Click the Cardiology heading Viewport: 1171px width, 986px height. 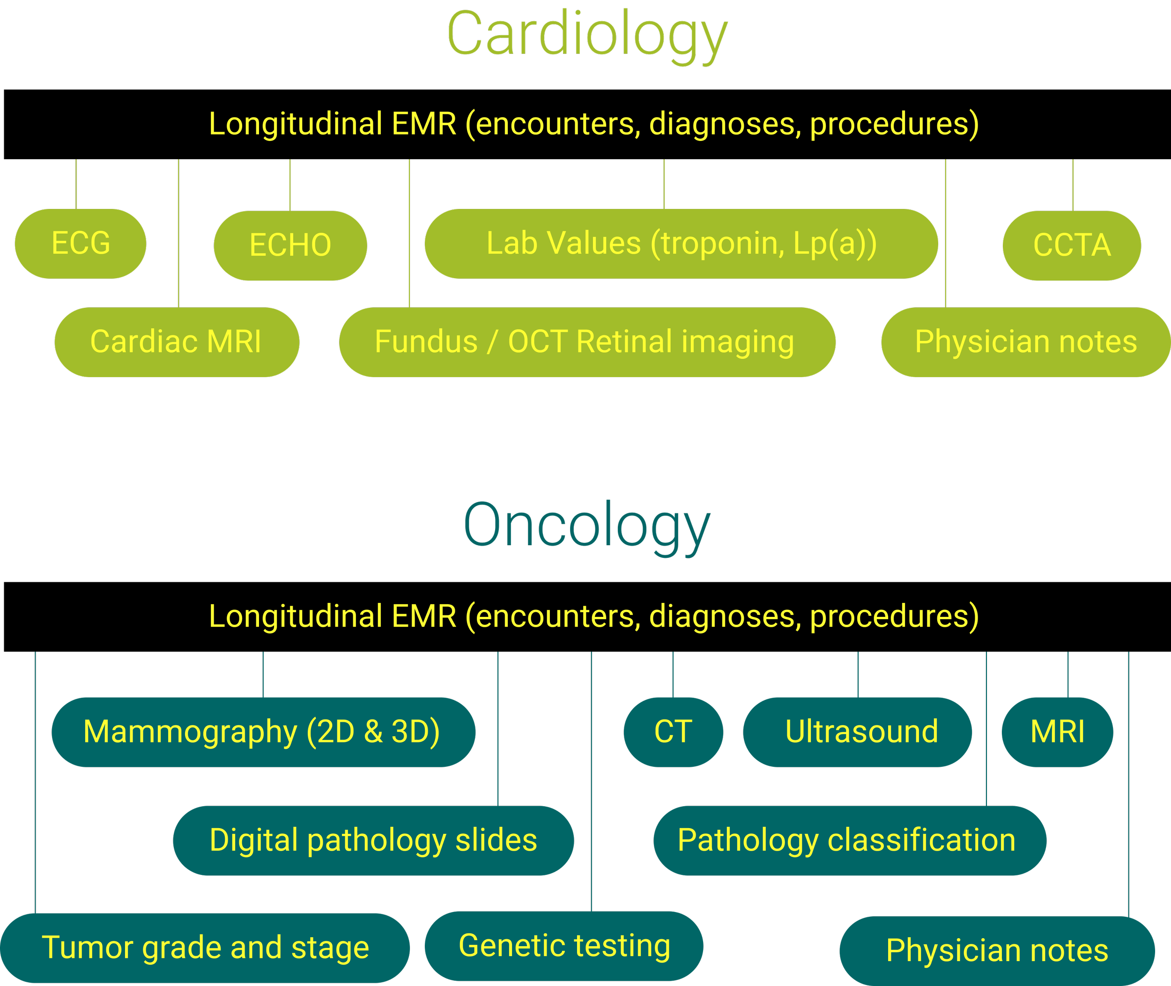(x=587, y=35)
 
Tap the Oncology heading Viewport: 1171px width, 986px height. (x=587, y=526)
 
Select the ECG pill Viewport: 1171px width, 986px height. (x=81, y=244)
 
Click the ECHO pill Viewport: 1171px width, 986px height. (x=290, y=245)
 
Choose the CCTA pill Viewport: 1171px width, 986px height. (x=1072, y=245)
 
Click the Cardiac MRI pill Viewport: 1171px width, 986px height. (x=177, y=342)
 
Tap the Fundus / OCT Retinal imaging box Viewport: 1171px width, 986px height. (x=587, y=342)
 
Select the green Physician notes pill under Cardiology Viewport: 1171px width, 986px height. (x=1026, y=342)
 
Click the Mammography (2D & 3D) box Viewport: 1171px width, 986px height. (x=263, y=732)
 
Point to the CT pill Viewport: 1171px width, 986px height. (x=673, y=732)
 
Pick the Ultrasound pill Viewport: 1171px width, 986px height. (x=858, y=732)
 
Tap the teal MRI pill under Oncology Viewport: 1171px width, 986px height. (x=1057, y=732)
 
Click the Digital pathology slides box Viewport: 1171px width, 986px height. (x=373, y=841)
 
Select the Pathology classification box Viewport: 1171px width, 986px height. (x=850, y=841)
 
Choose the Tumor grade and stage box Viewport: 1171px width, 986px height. (x=205, y=948)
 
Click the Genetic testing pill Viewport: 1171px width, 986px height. (x=564, y=946)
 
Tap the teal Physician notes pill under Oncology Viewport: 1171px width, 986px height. (x=997, y=951)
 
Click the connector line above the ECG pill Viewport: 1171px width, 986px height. (x=76, y=185)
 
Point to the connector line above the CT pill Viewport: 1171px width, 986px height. (x=673, y=675)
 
